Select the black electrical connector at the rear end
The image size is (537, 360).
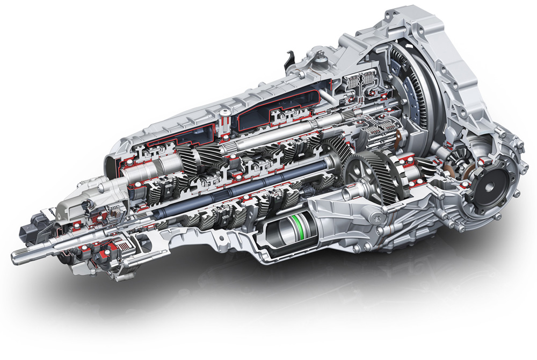point(28,232)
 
